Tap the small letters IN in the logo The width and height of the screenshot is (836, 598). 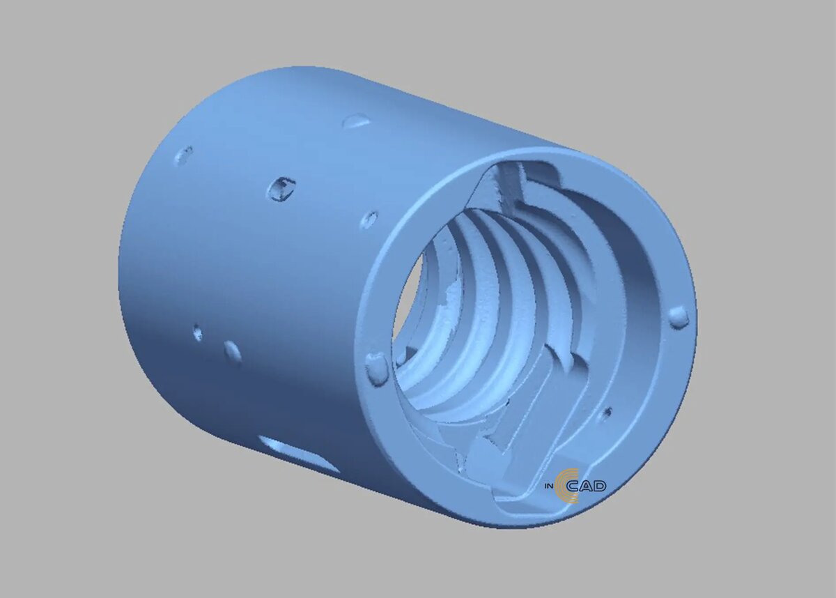pyautogui.click(x=550, y=486)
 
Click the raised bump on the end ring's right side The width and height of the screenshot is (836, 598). pyautogui.click(x=679, y=318)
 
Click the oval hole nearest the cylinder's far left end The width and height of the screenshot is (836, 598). pyautogui.click(x=184, y=154)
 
